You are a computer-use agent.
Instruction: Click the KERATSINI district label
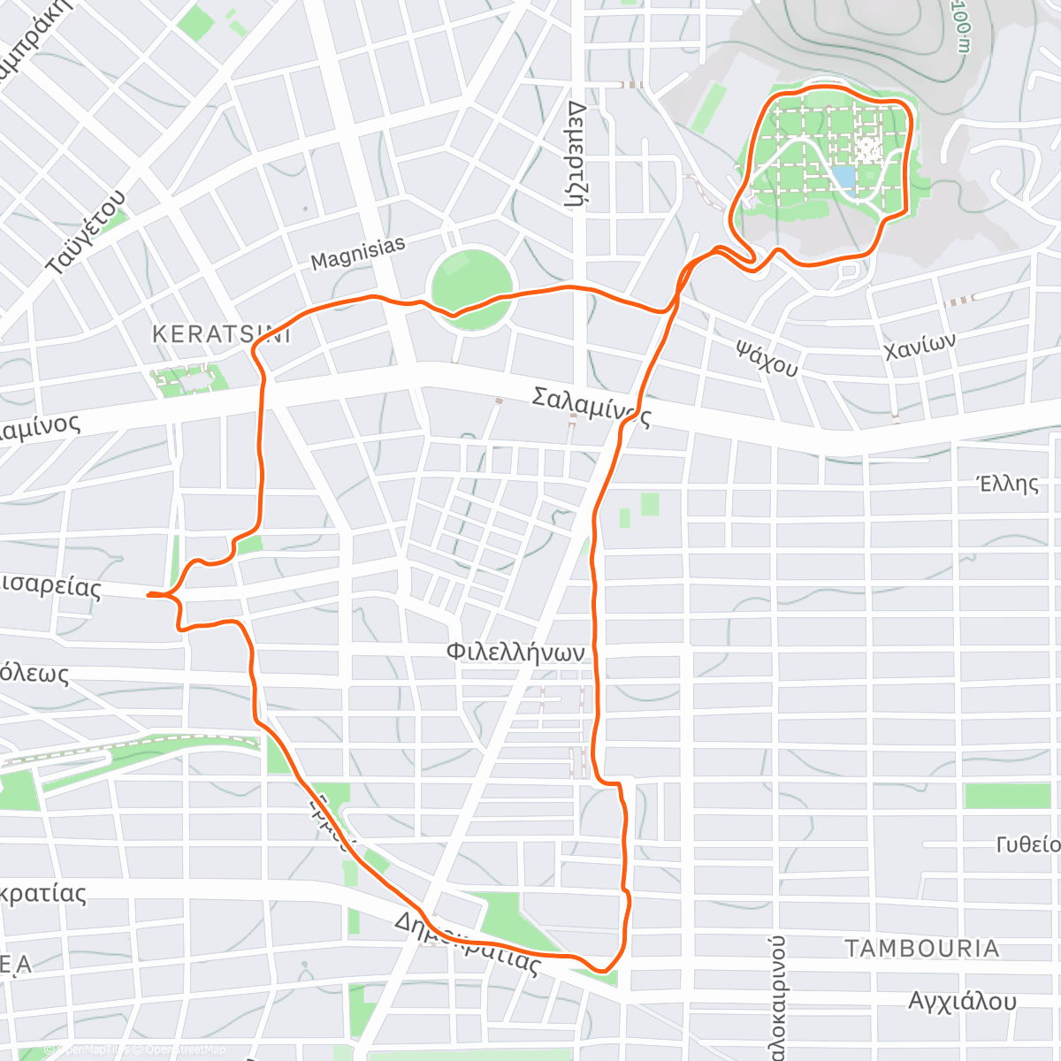(221, 334)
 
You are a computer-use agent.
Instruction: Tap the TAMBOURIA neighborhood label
(922, 949)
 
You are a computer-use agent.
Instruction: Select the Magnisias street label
(358, 254)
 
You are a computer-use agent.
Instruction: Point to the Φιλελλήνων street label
(515, 653)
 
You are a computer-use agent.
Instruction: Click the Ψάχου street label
(767, 356)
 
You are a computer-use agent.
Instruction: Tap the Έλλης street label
(1007, 484)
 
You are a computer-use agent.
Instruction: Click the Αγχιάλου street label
(962, 1002)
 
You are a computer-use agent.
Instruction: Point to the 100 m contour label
(962, 27)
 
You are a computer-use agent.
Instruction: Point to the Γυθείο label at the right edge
(1027, 844)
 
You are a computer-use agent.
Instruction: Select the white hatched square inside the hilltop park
(869, 149)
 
